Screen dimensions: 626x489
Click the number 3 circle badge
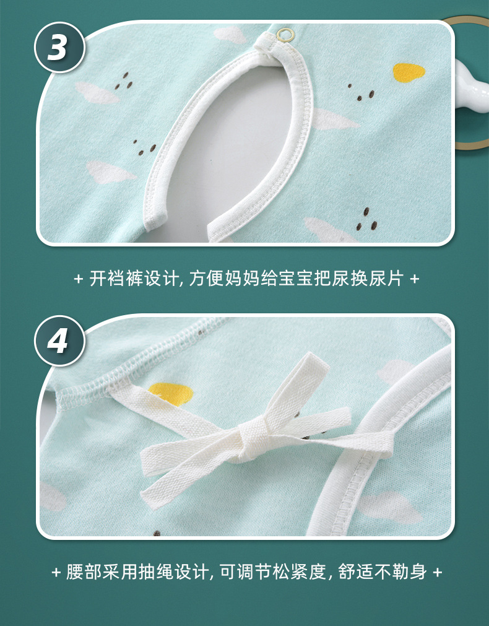[59, 48]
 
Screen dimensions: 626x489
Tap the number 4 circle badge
[59, 341]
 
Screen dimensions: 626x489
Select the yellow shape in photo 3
[409, 72]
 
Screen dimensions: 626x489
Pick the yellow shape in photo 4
[170, 393]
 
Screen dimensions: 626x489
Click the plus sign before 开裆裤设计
[78, 279]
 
